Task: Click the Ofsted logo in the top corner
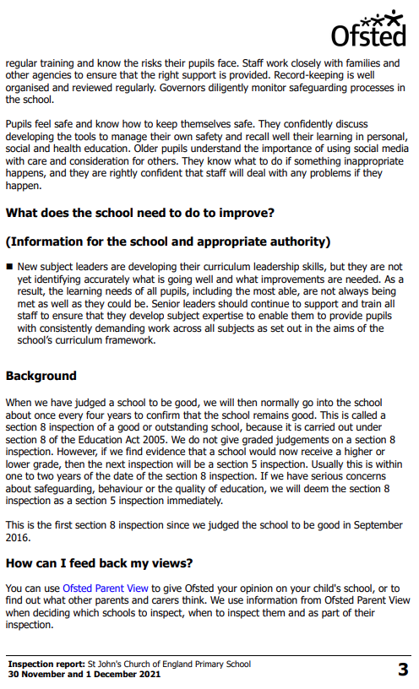pyautogui.click(x=368, y=30)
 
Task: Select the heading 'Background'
pyautogui.click(x=41, y=376)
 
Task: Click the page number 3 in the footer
pyautogui.click(x=403, y=670)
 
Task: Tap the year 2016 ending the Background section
pyautogui.click(x=19, y=537)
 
